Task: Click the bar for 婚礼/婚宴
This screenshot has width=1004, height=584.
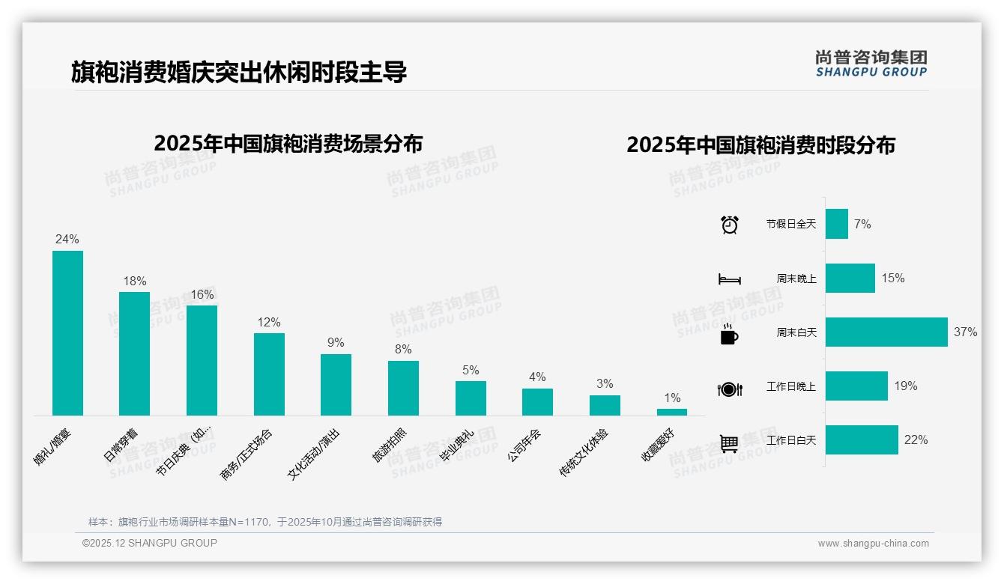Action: tap(67, 332)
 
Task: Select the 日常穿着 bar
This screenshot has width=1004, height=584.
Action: tap(134, 353)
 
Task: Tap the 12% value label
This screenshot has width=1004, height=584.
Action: tap(269, 323)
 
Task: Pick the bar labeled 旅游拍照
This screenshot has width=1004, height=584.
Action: tap(403, 388)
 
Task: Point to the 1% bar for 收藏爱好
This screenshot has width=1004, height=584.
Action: tap(671, 412)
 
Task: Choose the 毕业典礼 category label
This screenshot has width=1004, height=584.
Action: tap(456, 445)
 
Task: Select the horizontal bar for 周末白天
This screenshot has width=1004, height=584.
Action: tap(886, 332)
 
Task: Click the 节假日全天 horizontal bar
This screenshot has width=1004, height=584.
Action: tap(836, 224)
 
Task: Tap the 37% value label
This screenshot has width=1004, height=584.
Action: tap(966, 332)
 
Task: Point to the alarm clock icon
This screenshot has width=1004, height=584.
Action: tap(729, 224)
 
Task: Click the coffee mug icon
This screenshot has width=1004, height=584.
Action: tap(729, 335)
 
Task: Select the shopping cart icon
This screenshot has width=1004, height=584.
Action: tap(729, 443)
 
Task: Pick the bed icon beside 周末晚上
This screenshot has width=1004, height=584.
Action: tap(729, 279)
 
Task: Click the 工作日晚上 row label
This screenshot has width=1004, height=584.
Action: tap(790, 386)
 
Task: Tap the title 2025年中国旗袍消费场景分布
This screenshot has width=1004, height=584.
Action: tap(288, 143)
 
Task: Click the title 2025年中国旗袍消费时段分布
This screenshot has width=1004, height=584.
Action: tap(760, 145)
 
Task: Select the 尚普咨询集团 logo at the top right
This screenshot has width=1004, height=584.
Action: tap(871, 64)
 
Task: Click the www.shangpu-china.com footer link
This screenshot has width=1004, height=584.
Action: tap(873, 544)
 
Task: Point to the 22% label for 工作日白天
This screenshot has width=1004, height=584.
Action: tap(916, 440)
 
